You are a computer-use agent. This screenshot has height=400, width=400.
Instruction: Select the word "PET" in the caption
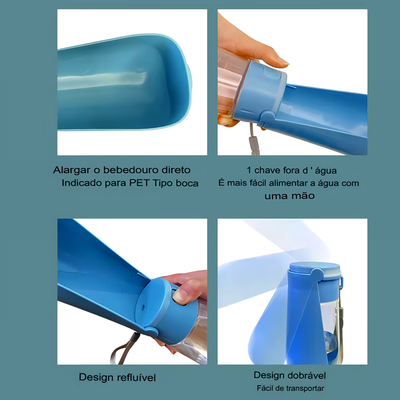(x=139, y=183)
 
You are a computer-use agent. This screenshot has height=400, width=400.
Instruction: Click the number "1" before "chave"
(x=249, y=170)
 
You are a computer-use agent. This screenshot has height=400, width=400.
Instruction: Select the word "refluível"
(x=136, y=377)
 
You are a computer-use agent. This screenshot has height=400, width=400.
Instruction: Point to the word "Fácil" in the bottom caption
(x=264, y=388)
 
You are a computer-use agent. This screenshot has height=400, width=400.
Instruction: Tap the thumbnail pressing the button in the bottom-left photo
(x=180, y=297)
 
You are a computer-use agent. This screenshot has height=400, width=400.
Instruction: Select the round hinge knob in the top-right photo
(x=267, y=117)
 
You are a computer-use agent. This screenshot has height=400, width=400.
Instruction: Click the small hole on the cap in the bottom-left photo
(x=143, y=307)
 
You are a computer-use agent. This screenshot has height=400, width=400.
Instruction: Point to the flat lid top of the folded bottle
(x=315, y=268)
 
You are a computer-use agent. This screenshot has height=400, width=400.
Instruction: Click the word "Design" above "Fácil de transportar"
(x=270, y=375)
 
